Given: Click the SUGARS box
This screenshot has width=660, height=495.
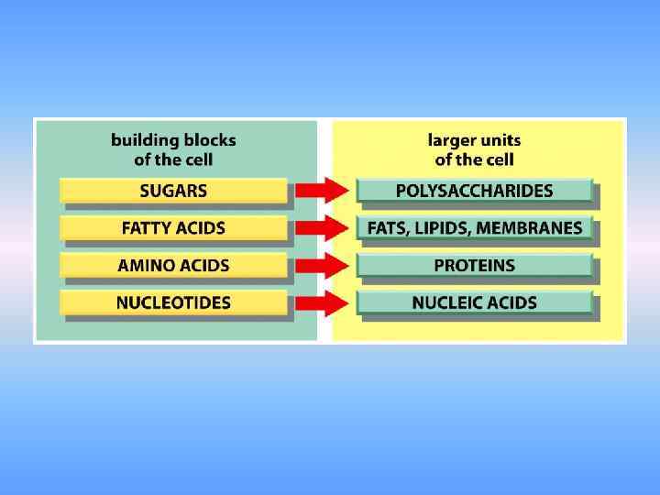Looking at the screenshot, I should (x=173, y=191).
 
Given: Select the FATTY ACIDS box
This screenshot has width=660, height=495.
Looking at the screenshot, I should (x=173, y=228).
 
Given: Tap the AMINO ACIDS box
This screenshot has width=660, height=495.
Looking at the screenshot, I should (x=173, y=266).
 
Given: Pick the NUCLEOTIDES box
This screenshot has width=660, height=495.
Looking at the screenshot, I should (x=173, y=302).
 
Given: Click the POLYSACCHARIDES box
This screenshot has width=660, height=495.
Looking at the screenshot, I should (x=474, y=191).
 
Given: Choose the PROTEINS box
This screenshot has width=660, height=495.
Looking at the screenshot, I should (x=474, y=266).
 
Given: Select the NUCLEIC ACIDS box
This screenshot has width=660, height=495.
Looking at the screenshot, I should (x=474, y=302).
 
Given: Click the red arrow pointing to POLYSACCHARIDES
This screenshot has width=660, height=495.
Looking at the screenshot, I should (x=323, y=191).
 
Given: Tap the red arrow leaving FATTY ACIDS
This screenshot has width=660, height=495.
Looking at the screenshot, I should (x=323, y=228).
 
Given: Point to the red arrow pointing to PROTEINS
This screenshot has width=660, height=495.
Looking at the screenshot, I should (x=323, y=266).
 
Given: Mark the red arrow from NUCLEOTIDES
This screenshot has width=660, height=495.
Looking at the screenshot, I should (x=323, y=302).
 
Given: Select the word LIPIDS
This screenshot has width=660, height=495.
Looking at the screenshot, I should (x=441, y=228).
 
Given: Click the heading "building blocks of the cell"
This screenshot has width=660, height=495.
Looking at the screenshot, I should (x=173, y=150).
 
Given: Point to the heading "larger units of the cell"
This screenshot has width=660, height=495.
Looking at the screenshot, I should (x=474, y=150).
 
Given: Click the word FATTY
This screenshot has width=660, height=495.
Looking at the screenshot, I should (x=146, y=228).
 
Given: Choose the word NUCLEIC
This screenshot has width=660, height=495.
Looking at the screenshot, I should (x=444, y=302).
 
